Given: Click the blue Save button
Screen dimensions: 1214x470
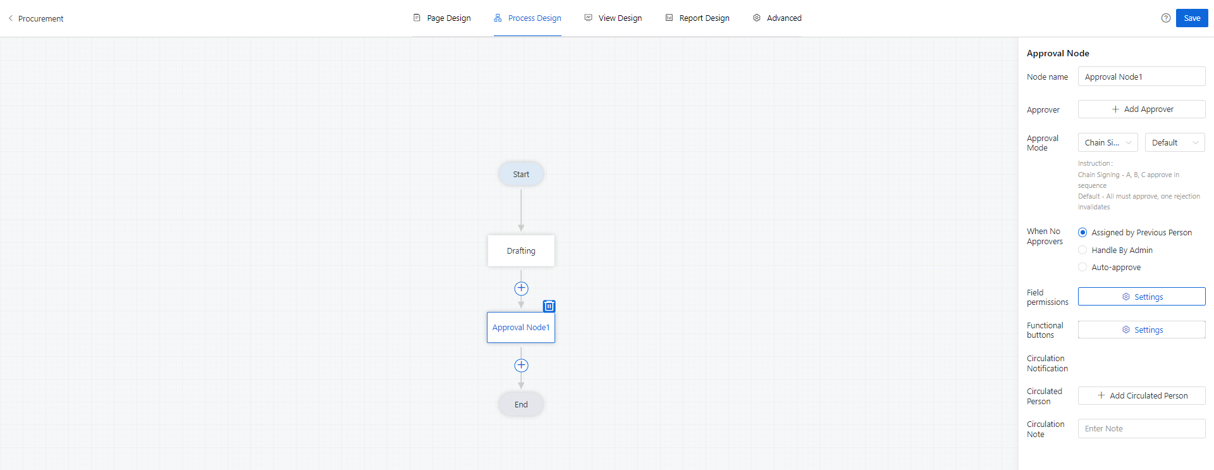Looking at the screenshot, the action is click(1192, 18).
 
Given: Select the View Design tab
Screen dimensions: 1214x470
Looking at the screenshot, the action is click(613, 18).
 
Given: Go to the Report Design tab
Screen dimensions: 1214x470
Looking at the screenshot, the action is click(697, 18).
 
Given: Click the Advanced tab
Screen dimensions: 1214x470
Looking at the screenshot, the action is click(777, 18).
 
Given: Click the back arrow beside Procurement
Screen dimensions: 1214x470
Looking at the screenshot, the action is click(11, 18).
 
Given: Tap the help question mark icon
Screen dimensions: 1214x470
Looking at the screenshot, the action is click(1166, 18).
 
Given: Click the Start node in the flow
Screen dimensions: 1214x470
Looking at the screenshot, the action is click(521, 174).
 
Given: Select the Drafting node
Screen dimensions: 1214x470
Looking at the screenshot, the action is click(521, 250).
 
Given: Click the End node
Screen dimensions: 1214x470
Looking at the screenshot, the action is click(521, 404).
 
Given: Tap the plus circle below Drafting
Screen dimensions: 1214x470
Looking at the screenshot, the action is click(521, 288).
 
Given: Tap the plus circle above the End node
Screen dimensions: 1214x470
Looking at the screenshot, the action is click(521, 366).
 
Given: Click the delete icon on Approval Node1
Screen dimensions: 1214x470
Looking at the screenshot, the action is click(549, 306).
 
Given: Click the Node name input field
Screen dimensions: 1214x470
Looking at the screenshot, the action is click(1141, 77).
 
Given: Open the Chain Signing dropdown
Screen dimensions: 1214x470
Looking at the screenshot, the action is click(1108, 142).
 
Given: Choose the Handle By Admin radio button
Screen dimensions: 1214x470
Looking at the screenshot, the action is click(1082, 250).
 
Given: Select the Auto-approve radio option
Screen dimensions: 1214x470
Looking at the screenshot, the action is click(1082, 267).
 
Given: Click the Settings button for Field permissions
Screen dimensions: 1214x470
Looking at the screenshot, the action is click(1141, 297).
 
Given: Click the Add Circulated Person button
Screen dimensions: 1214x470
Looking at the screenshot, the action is click(1141, 395).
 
